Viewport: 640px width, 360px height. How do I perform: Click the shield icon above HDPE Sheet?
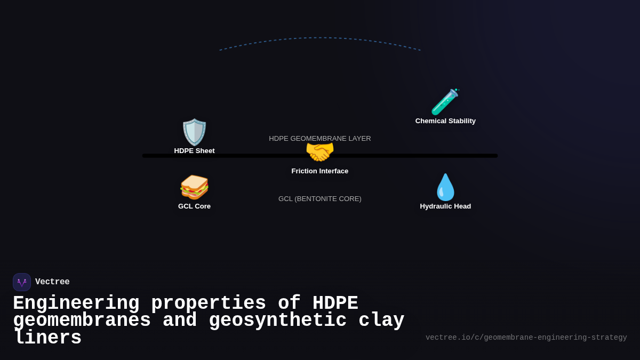pos(194,132)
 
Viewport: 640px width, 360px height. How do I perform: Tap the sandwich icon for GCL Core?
pos(194,187)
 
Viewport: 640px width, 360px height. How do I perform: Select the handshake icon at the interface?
pos(320,152)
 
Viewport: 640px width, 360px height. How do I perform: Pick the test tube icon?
pos(445,102)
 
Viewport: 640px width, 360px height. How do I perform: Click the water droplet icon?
pos(445,187)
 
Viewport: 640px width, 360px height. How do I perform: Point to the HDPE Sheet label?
pos(194,151)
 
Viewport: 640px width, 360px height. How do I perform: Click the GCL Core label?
pos(194,206)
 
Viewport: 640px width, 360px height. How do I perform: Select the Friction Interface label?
pos(320,171)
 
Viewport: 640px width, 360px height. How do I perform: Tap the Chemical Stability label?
pos(445,121)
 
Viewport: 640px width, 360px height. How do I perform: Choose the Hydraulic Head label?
pos(445,206)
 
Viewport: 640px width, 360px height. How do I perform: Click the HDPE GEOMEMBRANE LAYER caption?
pos(320,139)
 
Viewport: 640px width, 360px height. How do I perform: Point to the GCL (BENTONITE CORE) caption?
pos(320,199)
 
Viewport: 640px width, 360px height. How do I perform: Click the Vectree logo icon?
pos(22,282)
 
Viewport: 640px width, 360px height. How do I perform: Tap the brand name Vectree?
pos(52,282)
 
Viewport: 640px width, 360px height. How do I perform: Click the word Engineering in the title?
pos(76,303)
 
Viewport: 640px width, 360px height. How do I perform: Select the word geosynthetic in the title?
pos(277,321)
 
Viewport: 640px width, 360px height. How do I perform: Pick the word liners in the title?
pos(47,338)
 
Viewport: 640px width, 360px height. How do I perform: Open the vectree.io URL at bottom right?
pos(526,338)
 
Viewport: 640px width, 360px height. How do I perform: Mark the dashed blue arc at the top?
pos(320,38)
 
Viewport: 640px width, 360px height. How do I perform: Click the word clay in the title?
pos(381,321)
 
